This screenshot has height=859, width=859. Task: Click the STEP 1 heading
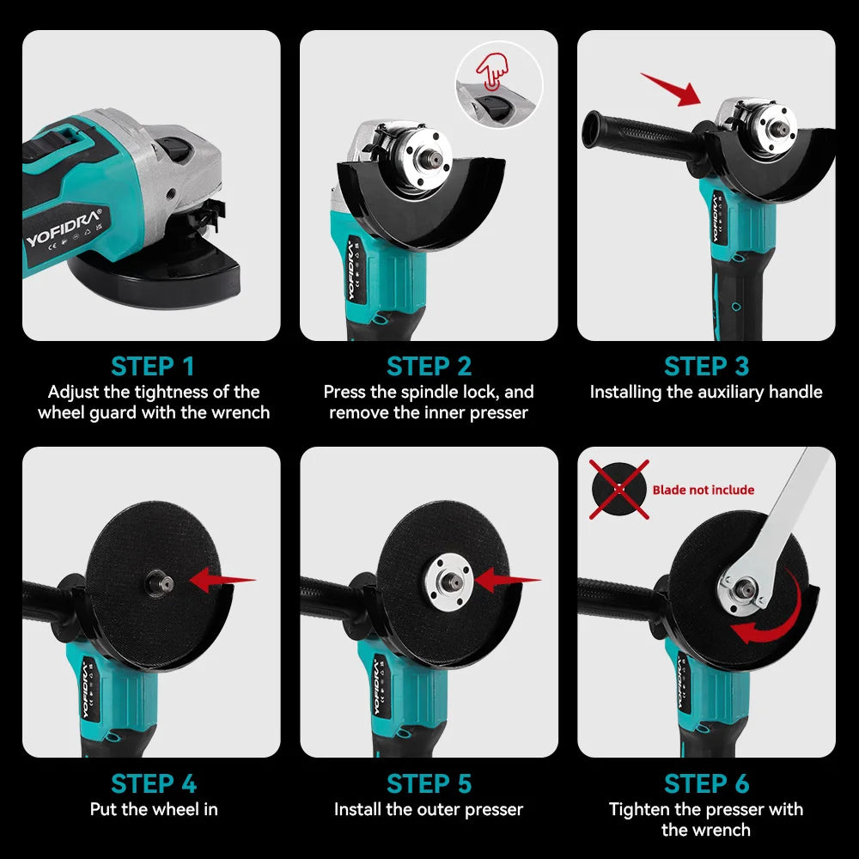click(152, 366)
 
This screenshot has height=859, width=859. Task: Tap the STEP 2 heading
click(429, 366)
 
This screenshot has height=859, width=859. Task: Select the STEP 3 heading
click(706, 366)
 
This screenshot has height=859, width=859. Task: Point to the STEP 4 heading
click(152, 783)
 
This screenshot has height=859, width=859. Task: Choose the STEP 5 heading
click(429, 783)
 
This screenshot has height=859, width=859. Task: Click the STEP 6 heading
click(706, 783)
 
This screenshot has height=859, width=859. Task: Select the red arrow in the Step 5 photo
click(505, 581)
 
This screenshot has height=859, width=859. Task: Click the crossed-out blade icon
click(618, 489)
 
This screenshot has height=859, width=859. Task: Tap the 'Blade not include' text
click(703, 490)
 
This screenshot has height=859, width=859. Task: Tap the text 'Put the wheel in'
click(154, 809)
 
